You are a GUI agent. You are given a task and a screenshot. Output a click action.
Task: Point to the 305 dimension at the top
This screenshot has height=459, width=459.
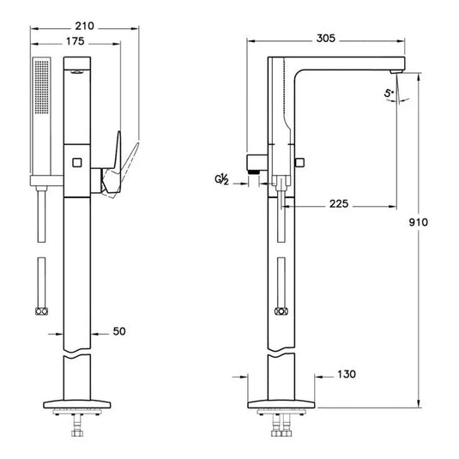click(324, 39)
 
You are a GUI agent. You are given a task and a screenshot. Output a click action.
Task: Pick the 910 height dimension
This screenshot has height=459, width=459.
click(418, 221)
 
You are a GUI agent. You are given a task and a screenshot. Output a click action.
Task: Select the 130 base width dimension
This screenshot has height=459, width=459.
click(346, 374)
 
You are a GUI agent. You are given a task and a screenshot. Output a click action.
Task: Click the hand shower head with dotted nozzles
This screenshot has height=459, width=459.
click(42, 106)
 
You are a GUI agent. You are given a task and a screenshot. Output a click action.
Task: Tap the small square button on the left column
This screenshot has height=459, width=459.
click(76, 160)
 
